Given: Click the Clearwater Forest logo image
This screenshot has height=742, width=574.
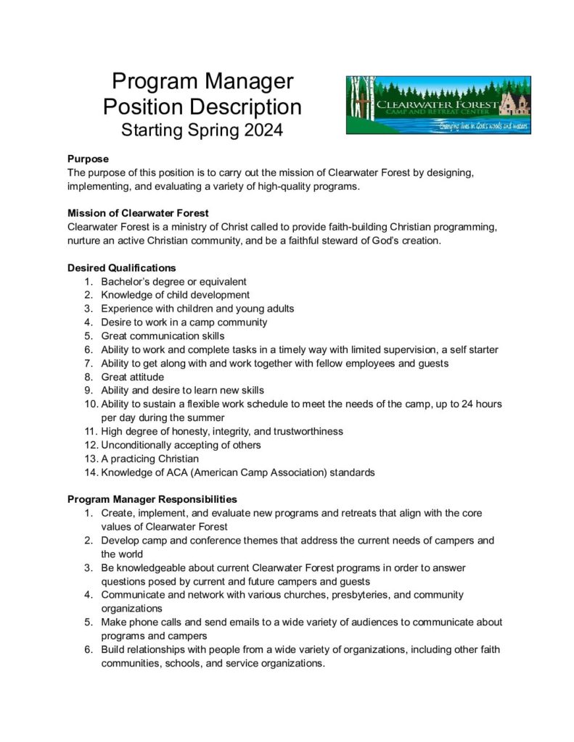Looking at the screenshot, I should (x=438, y=105).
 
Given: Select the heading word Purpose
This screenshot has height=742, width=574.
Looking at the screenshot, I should (x=88, y=159).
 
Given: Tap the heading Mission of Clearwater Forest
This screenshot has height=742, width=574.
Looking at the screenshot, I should (x=138, y=213).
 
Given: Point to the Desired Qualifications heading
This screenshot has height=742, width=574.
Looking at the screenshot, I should (x=121, y=267).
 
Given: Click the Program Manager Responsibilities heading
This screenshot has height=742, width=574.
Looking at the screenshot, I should (x=152, y=499).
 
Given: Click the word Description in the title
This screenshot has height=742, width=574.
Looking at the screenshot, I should (x=242, y=107).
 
